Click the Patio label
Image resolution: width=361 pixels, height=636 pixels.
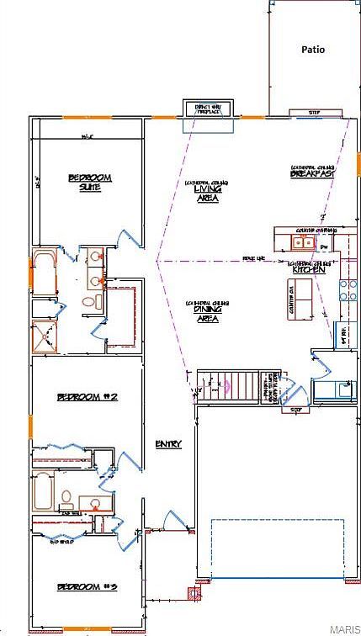pyautogui.click(x=313, y=50)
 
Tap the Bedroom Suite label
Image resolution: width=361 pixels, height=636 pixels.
pyautogui.click(x=90, y=182)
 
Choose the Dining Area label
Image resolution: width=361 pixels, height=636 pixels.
pyautogui.click(x=207, y=314)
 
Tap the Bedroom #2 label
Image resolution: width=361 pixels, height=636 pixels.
pyautogui.click(x=85, y=396)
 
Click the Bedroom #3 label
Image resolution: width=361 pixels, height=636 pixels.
pyautogui.click(x=85, y=586)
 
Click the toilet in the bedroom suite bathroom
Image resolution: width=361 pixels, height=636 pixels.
pyautogui.click(x=93, y=300)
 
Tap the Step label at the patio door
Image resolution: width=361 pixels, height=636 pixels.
pyautogui.click(x=314, y=111)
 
